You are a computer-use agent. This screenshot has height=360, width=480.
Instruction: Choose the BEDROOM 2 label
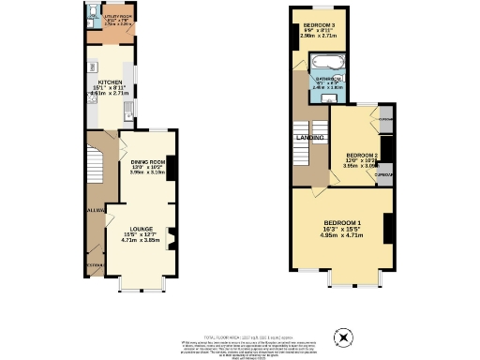coord(361,155)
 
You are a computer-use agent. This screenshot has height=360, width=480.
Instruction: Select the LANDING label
coord(310,138)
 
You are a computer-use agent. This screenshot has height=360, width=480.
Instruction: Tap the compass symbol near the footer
coord(343,336)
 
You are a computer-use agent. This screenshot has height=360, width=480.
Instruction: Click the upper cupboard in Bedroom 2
coord(384,119)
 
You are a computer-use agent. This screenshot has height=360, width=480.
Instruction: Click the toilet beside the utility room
coord(94,13)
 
